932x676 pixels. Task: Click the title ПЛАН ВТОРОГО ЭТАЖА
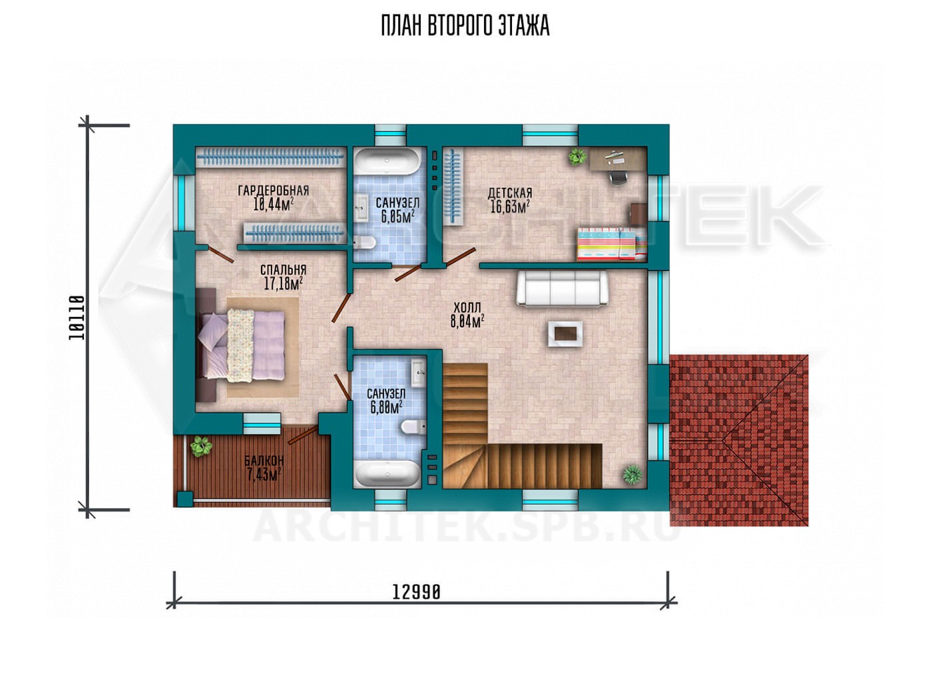(x=465, y=26)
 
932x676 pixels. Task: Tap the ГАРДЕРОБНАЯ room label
(x=274, y=190)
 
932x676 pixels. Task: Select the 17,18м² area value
(x=283, y=284)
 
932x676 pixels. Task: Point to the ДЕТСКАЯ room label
(x=510, y=193)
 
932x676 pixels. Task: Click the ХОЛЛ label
(x=467, y=308)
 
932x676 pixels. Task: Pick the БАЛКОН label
(x=264, y=460)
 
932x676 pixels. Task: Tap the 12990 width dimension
(x=416, y=592)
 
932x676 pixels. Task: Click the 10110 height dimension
(x=77, y=318)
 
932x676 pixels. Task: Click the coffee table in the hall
(x=565, y=334)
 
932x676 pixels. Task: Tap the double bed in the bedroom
(x=241, y=346)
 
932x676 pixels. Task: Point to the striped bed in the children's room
(x=612, y=244)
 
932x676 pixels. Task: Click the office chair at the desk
(x=618, y=176)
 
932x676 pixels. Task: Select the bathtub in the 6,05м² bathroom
(x=387, y=161)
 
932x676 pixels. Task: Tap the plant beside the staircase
(x=632, y=474)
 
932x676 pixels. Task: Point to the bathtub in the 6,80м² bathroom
(x=387, y=474)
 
